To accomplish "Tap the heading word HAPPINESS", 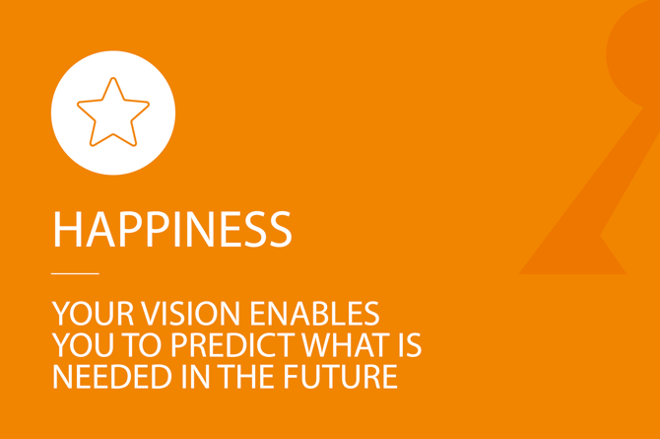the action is pyautogui.click(x=172, y=230).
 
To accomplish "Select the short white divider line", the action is pyautogui.click(x=75, y=273).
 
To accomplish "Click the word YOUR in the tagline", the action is pyautogui.click(x=93, y=314).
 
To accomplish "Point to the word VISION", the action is pyautogui.click(x=191, y=314).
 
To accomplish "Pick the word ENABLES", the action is pyautogui.click(x=314, y=314).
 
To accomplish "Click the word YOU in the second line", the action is pyautogui.click(x=83, y=345).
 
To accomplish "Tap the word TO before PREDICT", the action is pyautogui.click(x=142, y=345).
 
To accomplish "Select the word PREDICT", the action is pyautogui.click(x=232, y=345).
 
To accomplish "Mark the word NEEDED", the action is pyautogui.click(x=112, y=377).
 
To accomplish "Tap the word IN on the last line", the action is pyautogui.click(x=195, y=377).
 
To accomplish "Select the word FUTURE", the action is pyautogui.click(x=340, y=377).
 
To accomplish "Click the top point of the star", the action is pyautogui.click(x=113, y=78).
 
